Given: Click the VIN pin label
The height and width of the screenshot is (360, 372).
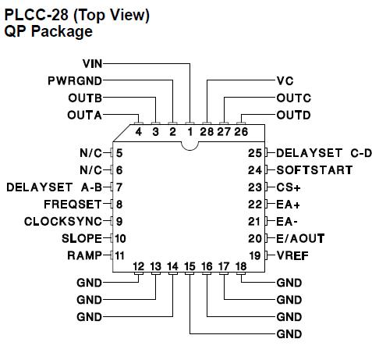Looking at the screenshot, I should tap(92, 62).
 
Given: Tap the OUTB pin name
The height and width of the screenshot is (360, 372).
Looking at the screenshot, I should tap(87, 98).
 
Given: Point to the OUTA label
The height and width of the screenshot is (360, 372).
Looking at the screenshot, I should tap(87, 115).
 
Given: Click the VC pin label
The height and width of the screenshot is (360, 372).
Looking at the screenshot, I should tap(285, 80).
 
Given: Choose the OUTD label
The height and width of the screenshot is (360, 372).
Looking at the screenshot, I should tap(294, 115).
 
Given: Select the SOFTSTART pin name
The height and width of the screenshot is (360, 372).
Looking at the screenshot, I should tap(309, 169).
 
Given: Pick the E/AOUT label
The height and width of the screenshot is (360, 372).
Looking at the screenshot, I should tap(300, 237).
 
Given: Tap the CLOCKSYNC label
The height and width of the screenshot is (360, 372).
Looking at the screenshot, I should tap(64, 221).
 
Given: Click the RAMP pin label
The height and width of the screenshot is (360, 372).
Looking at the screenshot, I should tap(86, 255).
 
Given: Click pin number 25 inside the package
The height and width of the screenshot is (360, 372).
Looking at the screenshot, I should tap(255, 152).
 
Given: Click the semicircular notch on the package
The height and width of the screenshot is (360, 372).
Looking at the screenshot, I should tap(190, 144).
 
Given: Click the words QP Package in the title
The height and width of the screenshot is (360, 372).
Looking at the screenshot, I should tap(48, 32).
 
